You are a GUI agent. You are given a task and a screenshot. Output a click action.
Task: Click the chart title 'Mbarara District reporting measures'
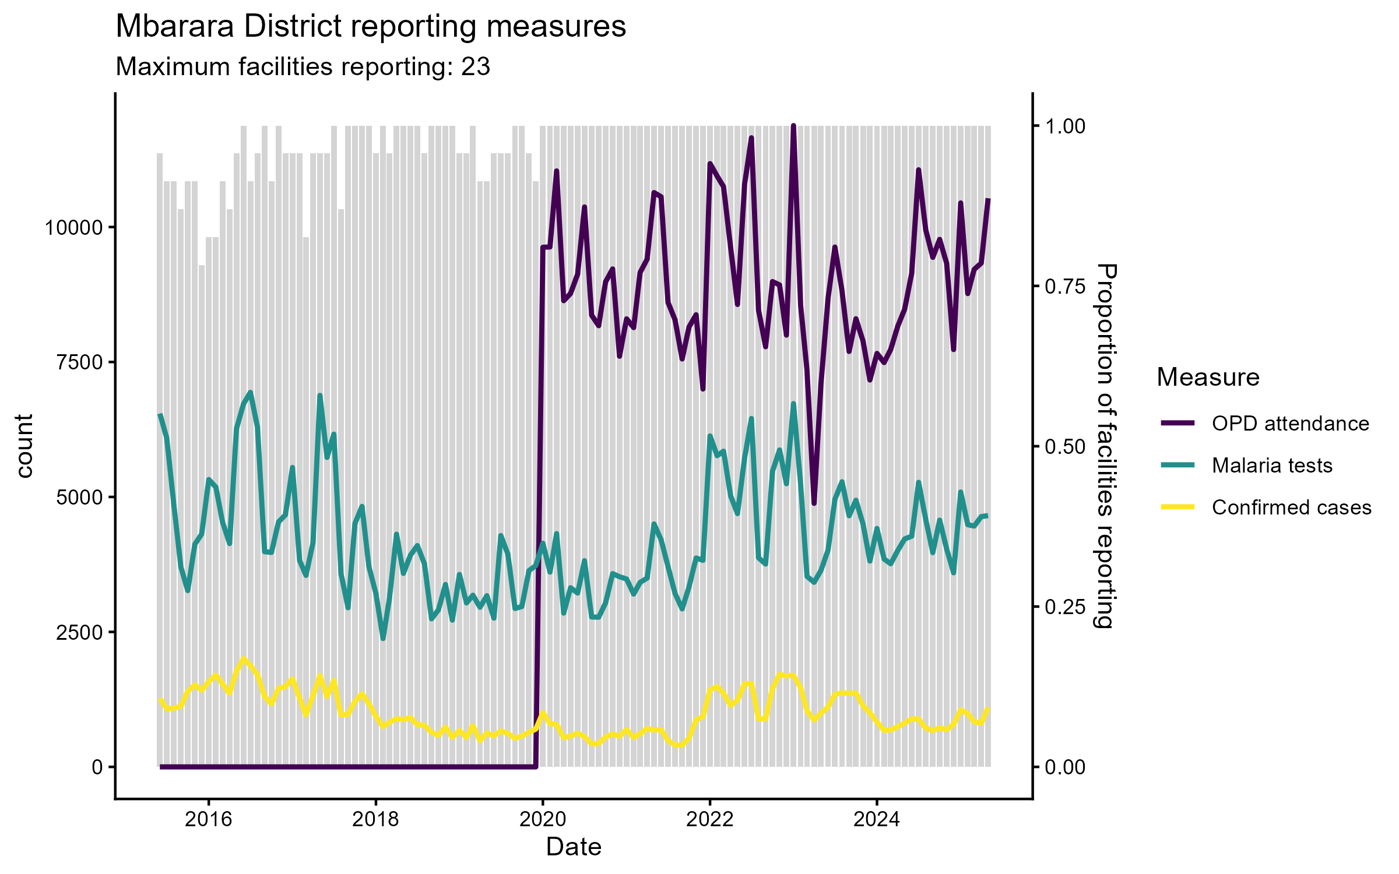pyautogui.click(x=371, y=27)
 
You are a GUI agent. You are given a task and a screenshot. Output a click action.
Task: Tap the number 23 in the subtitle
pyautogui.click(x=476, y=67)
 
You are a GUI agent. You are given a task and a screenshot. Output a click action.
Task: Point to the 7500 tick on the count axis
pyautogui.click(x=79, y=362)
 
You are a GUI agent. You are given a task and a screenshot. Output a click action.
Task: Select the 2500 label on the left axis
pyautogui.click(x=79, y=632)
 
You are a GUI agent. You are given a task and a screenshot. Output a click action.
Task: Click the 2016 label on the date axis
pyautogui.click(x=208, y=820)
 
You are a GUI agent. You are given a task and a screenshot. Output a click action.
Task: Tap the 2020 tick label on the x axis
pyautogui.click(x=543, y=820)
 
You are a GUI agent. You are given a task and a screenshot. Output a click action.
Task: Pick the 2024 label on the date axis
pyautogui.click(x=876, y=820)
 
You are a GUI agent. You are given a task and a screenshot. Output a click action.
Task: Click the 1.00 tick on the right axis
pyautogui.click(x=1065, y=126)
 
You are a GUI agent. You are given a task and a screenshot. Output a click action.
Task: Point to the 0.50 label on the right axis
pyautogui.click(x=1065, y=447)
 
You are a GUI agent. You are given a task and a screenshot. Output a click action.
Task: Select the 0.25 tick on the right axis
pyautogui.click(x=1065, y=607)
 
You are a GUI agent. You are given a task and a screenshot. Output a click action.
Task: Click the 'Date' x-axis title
pyautogui.click(x=574, y=847)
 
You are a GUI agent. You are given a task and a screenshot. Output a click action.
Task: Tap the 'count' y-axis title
pyautogui.click(x=24, y=446)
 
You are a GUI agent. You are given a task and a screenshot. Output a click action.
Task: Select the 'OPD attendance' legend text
pyautogui.click(x=1290, y=424)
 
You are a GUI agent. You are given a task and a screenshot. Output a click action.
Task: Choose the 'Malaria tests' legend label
pyautogui.click(x=1272, y=466)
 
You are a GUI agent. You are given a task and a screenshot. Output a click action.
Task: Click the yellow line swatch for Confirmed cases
pyautogui.click(x=1177, y=507)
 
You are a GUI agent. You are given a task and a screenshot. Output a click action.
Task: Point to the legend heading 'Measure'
pyautogui.click(x=1208, y=378)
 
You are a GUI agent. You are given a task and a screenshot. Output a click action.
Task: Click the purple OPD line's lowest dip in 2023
pyautogui.click(x=814, y=503)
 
